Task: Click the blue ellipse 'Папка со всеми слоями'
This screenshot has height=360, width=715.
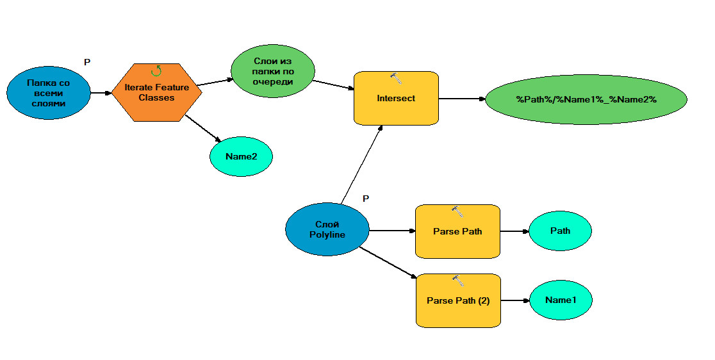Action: point(49,93)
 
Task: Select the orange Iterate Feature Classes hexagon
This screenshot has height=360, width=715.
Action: point(157,93)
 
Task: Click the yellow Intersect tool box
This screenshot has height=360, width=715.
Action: point(396,98)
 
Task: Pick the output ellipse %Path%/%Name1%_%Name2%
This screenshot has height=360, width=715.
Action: point(586,99)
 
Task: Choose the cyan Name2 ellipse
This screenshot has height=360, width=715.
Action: point(242,156)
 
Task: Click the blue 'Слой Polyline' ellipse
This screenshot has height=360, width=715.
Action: point(327,229)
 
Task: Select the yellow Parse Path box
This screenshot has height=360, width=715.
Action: point(457,231)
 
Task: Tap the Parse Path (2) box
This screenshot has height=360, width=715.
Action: point(458,300)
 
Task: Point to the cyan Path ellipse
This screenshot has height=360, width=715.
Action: point(560,231)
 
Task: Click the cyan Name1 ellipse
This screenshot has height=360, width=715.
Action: point(561,300)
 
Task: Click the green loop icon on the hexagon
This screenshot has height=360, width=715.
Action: point(156,70)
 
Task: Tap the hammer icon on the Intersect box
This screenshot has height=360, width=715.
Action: point(397,78)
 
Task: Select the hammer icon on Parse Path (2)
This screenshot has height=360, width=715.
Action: point(458,280)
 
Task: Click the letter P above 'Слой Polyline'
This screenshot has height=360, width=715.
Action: point(366,199)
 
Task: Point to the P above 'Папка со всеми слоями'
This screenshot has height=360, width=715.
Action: point(87,61)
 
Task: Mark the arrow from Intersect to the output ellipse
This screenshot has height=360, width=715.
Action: point(462,99)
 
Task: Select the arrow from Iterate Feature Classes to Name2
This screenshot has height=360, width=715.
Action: point(202,128)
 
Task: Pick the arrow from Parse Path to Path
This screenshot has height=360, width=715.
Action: point(514,231)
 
